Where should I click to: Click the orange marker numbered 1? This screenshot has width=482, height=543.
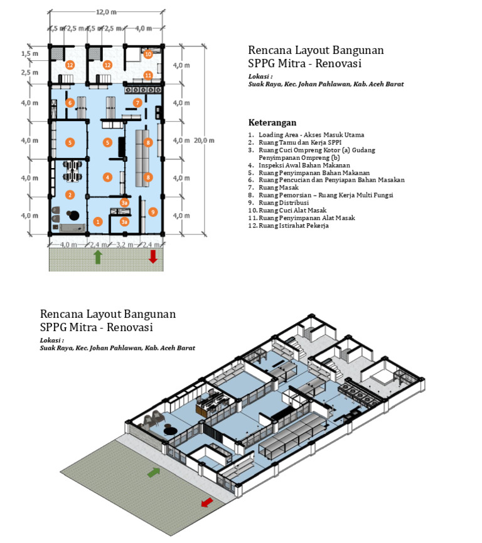coord(97,221)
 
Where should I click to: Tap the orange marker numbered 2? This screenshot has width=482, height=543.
coord(70,195)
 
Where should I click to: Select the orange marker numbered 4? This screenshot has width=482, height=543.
coord(108,177)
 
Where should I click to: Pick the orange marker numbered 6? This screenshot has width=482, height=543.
coord(70,103)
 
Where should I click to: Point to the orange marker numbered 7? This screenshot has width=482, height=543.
coord(137,103)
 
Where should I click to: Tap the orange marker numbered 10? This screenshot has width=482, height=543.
coord(148,55)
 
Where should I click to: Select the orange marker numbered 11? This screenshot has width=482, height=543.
coord(148,75)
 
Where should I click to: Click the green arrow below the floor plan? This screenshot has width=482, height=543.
coord(97,256)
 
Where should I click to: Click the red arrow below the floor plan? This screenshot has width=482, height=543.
coord(152,256)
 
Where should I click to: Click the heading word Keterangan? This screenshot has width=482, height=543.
coord(272,122)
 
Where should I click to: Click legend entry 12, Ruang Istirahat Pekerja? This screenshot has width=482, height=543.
coord(287,226)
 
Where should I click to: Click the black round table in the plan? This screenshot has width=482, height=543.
coord(73,215)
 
